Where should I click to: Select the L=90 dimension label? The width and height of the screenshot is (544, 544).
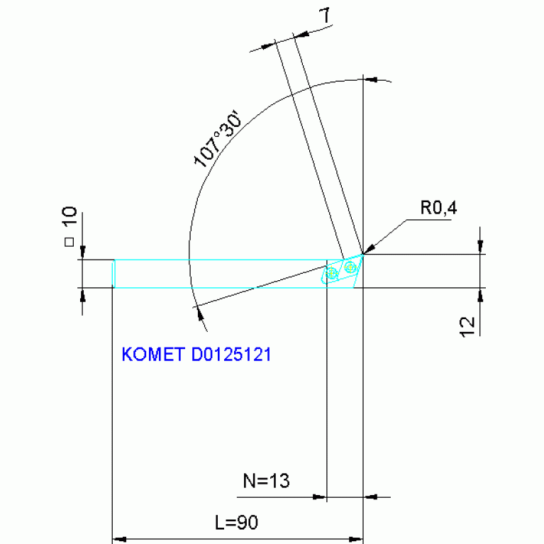point(236,523)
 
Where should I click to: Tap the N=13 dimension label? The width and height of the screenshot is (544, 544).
point(266,482)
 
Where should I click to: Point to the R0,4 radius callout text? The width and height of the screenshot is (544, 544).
point(438,209)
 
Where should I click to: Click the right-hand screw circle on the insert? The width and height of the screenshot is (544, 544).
point(350,267)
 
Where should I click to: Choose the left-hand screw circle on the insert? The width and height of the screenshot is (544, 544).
point(331,274)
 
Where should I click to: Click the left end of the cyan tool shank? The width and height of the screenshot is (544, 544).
point(114,274)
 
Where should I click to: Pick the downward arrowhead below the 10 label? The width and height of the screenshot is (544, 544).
point(83,253)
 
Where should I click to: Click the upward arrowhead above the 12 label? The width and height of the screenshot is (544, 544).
point(482,293)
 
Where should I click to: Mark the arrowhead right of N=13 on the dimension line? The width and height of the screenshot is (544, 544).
point(369,497)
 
